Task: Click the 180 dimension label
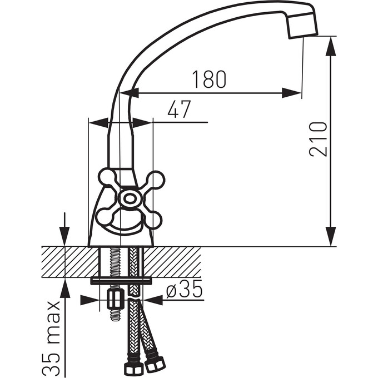click(x=209, y=79)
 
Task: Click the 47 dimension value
click(x=180, y=109)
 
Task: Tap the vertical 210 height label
click(x=318, y=140)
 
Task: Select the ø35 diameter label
click(x=184, y=289)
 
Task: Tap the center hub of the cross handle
click(x=130, y=198)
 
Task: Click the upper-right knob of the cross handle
click(x=156, y=180)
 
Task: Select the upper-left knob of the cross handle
click(x=107, y=177)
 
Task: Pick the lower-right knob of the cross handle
click(x=153, y=220)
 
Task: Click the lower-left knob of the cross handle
click(x=104, y=216)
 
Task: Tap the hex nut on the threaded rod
click(x=115, y=298)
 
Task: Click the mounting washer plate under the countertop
click(x=121, y=281)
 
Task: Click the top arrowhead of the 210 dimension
click(x=331, y=47)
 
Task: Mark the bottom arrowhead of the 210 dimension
click(x=331, y=236)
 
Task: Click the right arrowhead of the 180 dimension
click(x=292, y=93)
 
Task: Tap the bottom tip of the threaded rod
click(x=115, y=320)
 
